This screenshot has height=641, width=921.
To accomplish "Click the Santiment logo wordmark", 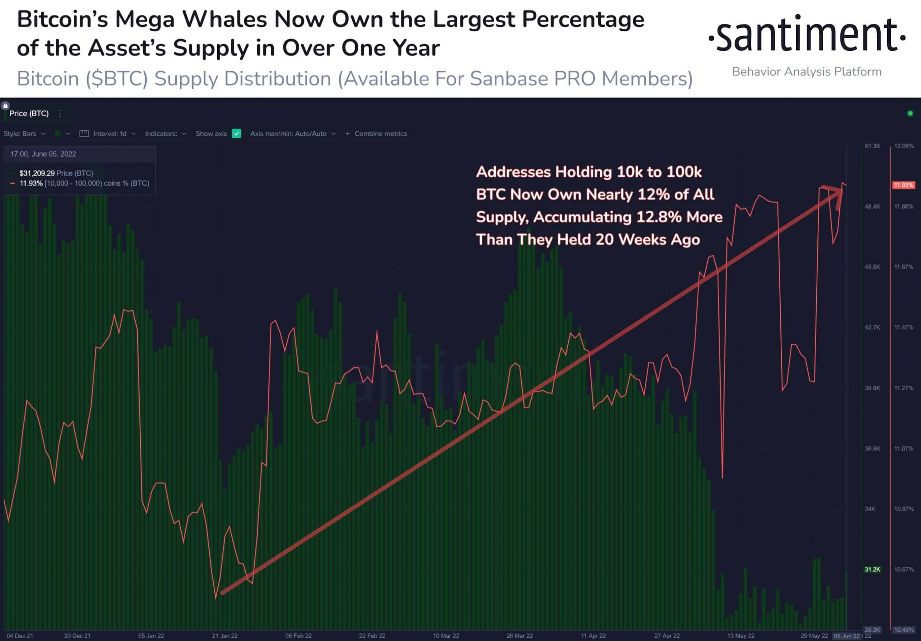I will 807,34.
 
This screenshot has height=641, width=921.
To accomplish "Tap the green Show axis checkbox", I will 236,133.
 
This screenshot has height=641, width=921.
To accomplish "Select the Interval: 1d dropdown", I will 109,133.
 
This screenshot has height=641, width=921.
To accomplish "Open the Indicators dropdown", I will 165,133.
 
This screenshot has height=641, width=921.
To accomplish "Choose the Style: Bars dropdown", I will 24,133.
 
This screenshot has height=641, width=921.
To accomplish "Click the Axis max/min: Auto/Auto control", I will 292,133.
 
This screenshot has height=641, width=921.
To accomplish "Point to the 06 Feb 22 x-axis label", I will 299,636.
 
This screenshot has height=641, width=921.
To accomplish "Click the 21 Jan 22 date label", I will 224,636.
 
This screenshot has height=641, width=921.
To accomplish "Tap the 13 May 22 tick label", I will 740,636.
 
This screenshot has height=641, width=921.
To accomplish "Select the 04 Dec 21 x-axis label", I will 20,636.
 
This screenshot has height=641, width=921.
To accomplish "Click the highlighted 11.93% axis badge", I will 903,185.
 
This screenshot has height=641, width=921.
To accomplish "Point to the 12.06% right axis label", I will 904,146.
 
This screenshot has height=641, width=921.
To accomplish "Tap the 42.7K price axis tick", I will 872,327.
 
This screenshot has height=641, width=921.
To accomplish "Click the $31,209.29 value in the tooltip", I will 37,173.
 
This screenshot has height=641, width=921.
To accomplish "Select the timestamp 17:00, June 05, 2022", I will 43,154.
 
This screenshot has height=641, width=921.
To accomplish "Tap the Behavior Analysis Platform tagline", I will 807,72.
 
